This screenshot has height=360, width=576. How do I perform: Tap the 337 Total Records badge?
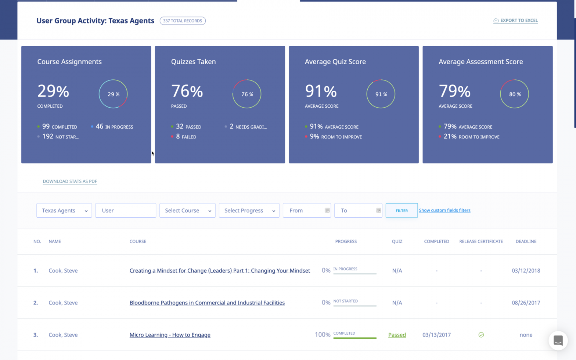click(x=183, y=21)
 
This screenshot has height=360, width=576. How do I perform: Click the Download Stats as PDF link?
click(x=70, y=181)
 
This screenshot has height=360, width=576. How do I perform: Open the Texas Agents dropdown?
click(x=64, y=210)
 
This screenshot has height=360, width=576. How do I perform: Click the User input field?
click(x=125, y=210)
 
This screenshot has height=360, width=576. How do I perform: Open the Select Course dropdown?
click(x=187, y=210)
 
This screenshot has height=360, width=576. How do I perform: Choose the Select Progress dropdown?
click(x=249, y=210)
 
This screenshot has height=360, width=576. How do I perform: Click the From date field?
click(x=306, y=210)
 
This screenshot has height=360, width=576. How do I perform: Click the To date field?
click(x=358, y=210)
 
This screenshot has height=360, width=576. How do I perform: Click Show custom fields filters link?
click(x=444, y=210)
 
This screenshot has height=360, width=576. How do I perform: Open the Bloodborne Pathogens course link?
click(x=207, y=303)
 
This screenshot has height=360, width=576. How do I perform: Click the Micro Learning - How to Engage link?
click(x=170, y=335)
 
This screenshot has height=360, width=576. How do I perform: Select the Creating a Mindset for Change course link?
click(x=220, y=271)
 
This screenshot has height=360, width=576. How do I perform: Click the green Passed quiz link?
click(x=397, y=335)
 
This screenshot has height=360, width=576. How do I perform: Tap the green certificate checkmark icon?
click(x=481, y=335)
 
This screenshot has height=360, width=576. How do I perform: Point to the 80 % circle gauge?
click(x=514, y=94)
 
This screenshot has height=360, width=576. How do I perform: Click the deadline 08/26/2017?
click(x=526, y=303)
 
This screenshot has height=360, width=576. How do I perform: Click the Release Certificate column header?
click(x=481, y=241)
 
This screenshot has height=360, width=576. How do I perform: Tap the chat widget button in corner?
click(x=558, y=341)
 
